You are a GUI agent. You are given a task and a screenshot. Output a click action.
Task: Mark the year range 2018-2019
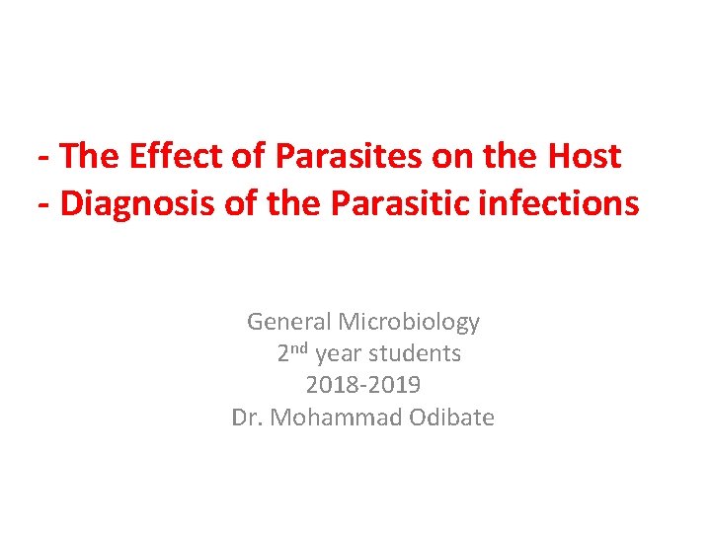tap(363, 385)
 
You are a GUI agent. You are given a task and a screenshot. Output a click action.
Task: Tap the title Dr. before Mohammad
tap(247, 418)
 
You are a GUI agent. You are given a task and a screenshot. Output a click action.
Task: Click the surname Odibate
tap(445, 418)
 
